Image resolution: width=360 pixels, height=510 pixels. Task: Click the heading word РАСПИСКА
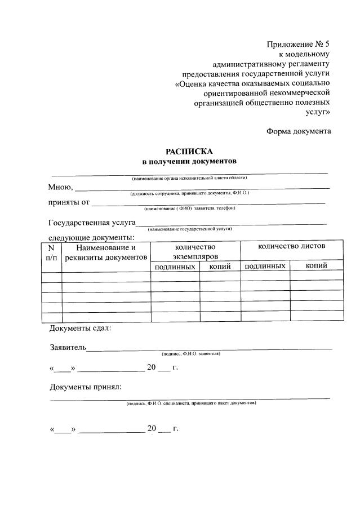click(189, 152)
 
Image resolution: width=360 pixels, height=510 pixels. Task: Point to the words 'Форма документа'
click(298, 131)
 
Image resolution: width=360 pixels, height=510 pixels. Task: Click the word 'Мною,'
click(60, 188)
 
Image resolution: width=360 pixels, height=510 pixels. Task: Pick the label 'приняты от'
click(69, 202)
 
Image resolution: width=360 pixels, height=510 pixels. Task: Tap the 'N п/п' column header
click(51, 252)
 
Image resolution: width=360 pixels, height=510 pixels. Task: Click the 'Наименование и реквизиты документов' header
click(106, 252)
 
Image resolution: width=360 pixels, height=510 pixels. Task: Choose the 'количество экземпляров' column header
click(195, 251)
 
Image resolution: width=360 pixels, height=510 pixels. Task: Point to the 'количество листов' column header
click(291, 247)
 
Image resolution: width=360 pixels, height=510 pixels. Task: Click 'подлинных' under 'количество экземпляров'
click(175, 267)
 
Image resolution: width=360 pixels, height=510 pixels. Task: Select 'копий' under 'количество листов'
click(317, 266)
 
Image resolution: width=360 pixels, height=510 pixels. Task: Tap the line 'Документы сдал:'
click(80, 328)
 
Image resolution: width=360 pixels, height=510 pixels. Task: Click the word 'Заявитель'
click(68, 347)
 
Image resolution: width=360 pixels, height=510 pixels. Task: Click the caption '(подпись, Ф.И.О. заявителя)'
click(190, 354)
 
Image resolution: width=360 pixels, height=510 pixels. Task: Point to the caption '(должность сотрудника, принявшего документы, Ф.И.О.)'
click(189, 193)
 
